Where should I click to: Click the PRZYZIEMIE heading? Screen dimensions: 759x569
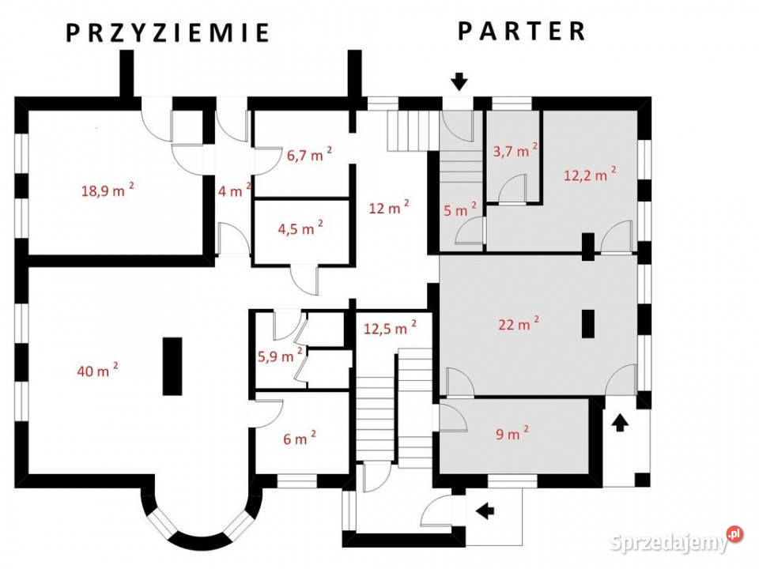tap(168, 33)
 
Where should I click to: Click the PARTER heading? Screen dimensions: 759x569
tap(522, 31)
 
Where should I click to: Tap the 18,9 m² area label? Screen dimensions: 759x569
tap(108, 190)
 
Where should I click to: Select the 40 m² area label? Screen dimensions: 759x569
tap(98, 370)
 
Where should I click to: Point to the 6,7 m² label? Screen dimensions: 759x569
tap(309, 154)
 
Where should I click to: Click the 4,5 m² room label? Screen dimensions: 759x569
tap(300, 228)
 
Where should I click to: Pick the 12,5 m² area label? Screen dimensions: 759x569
tap(390, 328)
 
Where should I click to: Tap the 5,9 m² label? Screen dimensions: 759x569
tap(280, 356)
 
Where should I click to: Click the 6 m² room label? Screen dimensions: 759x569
tap(300, 438)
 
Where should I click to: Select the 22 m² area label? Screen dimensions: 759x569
tap(519, 323)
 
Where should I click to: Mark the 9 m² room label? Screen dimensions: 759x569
tap(512, 433)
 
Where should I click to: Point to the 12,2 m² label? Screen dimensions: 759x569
tap(590, 174)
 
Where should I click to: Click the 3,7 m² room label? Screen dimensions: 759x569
tap(515, 150)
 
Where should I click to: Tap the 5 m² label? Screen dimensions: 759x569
tap(460, 209)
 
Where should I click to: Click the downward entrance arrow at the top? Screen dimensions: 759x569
tap(459, 81)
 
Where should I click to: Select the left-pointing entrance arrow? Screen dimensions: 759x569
tap(485, 511)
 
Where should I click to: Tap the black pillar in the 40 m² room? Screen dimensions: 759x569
tap(172, 366)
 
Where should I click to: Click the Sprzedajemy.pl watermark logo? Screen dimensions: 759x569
tap(676, 541)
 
